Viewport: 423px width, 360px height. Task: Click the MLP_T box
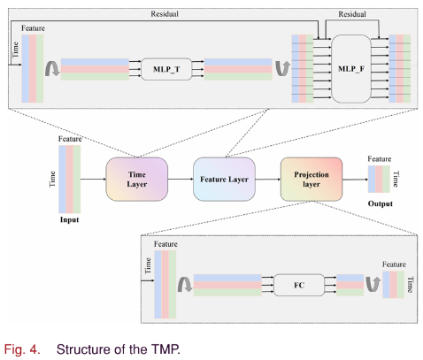166,69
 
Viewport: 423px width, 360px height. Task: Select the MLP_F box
351,69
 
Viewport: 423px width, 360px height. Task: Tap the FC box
299,285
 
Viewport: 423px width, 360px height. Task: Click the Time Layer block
137,180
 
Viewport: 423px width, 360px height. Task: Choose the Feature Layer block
224,180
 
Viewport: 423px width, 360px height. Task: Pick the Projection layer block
311,180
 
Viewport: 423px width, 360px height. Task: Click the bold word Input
69,220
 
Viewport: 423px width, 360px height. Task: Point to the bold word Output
381,203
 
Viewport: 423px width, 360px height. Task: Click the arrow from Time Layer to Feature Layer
181,179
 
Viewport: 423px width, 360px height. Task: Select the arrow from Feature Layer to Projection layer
268,179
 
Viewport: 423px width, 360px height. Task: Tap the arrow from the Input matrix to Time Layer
93,179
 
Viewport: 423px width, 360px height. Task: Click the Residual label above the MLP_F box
352,14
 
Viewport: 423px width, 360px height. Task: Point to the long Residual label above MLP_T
165,14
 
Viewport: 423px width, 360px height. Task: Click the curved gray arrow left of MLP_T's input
52,69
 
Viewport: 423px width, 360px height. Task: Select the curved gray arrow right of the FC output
373,284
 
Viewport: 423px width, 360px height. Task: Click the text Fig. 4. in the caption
22,349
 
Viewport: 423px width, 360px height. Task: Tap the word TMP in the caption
165,349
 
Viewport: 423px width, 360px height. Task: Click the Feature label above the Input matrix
70,139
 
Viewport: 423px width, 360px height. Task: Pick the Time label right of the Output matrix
396,179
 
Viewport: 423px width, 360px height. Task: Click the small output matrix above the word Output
379,180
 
